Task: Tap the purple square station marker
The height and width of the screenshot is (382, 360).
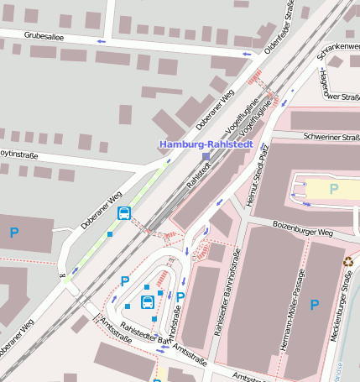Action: coord(206,156)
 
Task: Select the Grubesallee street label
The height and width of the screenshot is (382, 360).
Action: coord(44,36)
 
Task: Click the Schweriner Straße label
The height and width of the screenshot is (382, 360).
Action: coord(331,137)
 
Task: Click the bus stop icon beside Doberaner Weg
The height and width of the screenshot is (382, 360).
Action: coord(123,213)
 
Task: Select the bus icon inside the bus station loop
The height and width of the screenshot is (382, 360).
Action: coord(147,302)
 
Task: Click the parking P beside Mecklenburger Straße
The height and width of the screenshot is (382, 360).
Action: coord(315,305)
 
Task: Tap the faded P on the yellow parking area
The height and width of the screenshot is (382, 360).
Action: coord(333,189)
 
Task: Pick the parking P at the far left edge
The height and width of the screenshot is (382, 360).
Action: coord(13,232)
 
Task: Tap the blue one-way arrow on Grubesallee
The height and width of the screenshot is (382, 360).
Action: coord(102,41)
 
